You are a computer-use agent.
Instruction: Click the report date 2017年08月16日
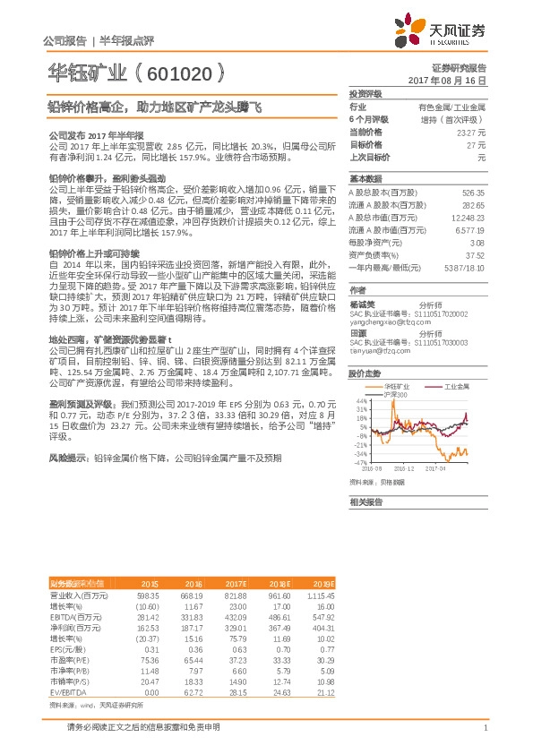(446, 80)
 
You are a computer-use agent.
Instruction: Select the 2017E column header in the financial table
(234, 557)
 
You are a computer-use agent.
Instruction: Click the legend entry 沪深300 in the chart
(396, 394)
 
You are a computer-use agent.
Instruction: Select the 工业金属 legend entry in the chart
(458, 386)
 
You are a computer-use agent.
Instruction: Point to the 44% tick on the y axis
(361, 400)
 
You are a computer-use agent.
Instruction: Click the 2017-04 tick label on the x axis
(437, 467)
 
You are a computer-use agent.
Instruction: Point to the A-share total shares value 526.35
(472, 193)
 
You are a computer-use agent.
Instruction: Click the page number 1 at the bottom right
(485, 726)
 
